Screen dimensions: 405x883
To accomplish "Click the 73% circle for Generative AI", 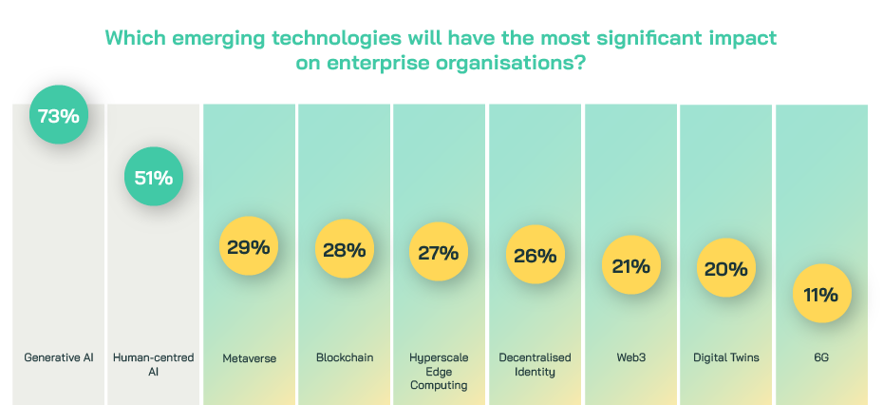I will pyautogui.click(x=59, y=116).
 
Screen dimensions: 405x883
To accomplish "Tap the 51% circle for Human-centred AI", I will pyautogui.click(x=153, y=177).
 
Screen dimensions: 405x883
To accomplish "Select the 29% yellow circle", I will pyautogui.click(x=249, y=248).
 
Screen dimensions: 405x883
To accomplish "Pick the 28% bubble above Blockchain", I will pyautogui.click(x=344, y=250).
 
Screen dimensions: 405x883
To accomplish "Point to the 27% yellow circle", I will pyautogui.click(x=439, y=253).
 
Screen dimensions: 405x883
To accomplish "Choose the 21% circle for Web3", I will pyautogui.click(x=631, y=266).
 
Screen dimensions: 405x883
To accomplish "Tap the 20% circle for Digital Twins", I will pyautogui.click(x=726, y=269).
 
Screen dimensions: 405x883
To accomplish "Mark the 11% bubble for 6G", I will pyautogui.click(x=822, y=295).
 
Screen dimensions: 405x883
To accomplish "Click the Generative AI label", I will pyautogui.click(x=59, y=357).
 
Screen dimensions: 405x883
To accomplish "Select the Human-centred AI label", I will pyautogui.click(x=153, y=364).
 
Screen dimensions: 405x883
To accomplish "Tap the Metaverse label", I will pyautogui.click(x=249, y=357).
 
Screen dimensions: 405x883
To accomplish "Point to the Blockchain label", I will pyautogui.click(x=345, y=357).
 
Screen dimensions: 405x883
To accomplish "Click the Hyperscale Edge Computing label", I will pyautogui.click(x=440, y=371).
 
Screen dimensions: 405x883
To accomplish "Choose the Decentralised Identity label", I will pyautogui.click(x=535, y=364).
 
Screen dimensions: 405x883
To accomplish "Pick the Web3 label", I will pyautogui.click(x=631, y=357).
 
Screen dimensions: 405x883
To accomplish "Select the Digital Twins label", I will pyautogui.click(x=726, y=357).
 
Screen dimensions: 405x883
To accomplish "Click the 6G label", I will pyautogui.click(x=822, y=357).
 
